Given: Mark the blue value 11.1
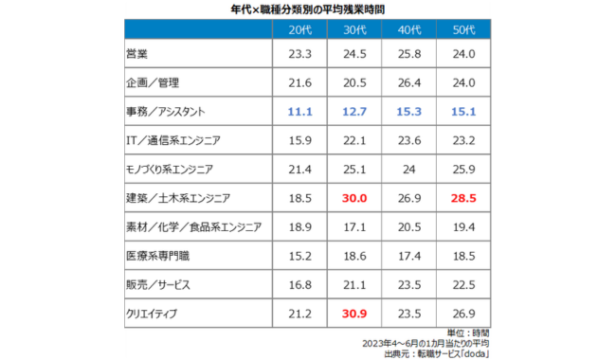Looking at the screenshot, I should coord(286,112).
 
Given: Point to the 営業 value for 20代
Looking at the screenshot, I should coord(286,55).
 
